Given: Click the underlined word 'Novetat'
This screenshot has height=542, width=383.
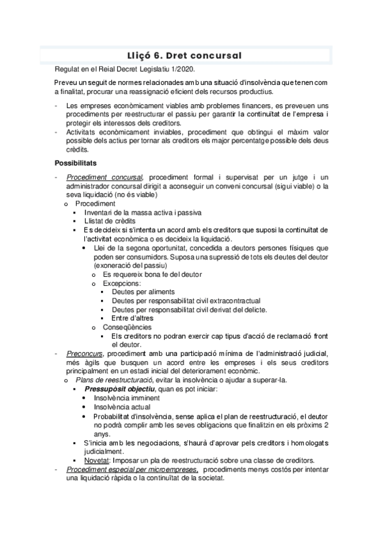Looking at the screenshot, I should tap(97, 460).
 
